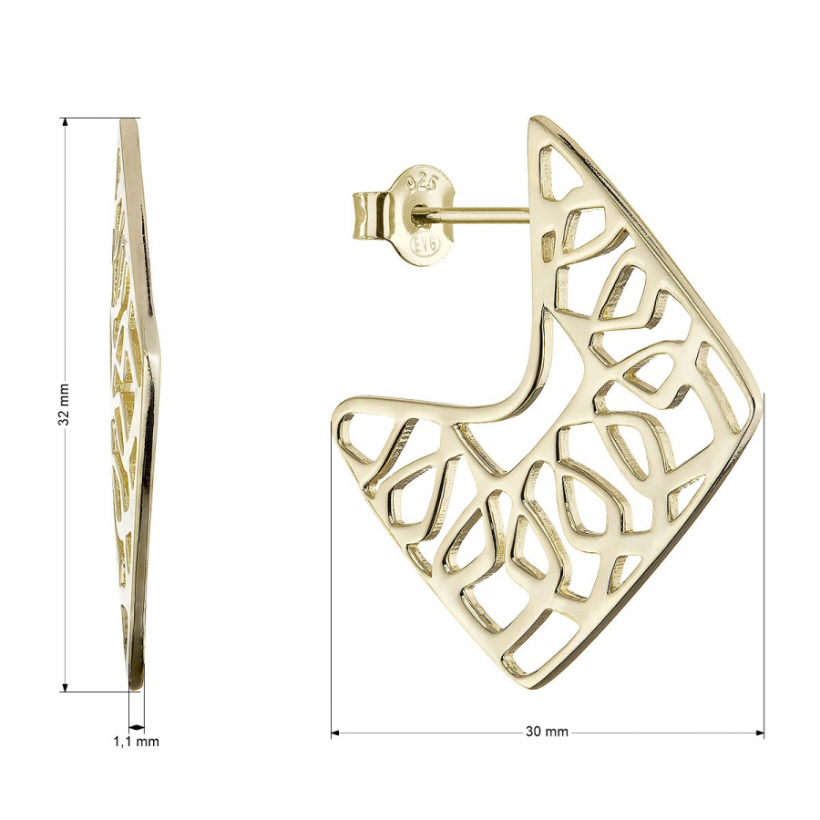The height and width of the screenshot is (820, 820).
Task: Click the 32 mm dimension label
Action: click(x=64, y=405)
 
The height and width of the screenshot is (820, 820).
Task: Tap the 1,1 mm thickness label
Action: click(x=136, y=741)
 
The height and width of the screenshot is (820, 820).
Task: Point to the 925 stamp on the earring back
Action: click(x=422, y=183)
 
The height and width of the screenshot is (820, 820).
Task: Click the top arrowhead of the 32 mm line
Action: click(x=65, y=122)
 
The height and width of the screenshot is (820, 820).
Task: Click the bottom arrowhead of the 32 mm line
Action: click(x=65, y=687)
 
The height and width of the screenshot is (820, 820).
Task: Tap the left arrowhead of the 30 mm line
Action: click(x=335, y=733)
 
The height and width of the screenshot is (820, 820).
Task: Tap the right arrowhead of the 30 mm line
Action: click(x=759, y=733)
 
